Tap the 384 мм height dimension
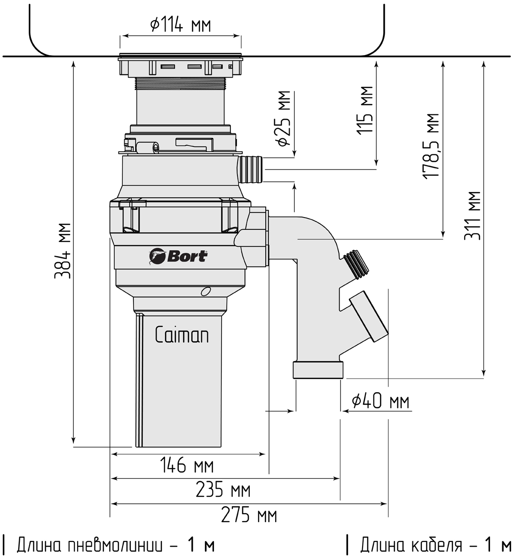click(63, 251)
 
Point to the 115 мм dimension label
click(365, 110)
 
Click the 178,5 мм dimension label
click(431, 146)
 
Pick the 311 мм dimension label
click(473, 216)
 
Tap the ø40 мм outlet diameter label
click(380, 402)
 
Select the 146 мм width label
click(187, 465)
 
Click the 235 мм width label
click(223, 490)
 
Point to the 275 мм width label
click(249, 515)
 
